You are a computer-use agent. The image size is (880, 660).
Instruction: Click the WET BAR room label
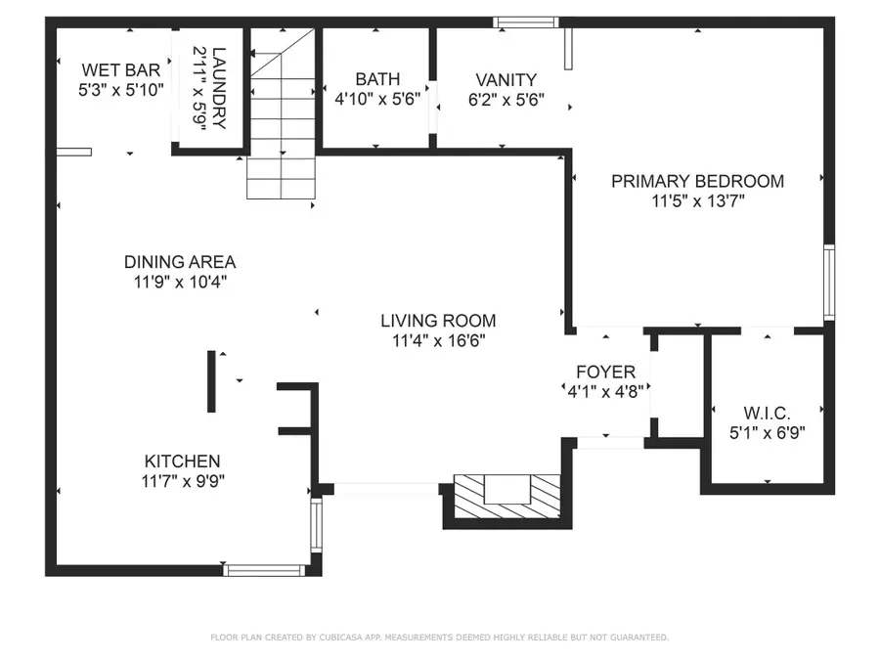coord(120,69)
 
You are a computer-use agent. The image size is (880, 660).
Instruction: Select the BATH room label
coord(377,79)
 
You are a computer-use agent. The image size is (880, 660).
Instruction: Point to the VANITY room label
coord(506,79)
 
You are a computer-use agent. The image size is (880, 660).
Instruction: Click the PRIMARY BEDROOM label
coord(697,181)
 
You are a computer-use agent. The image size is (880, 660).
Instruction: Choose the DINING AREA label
coord(179,262)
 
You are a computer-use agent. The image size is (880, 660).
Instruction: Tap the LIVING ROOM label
coord(438,321)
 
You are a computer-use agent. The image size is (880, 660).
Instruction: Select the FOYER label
coord(605,373)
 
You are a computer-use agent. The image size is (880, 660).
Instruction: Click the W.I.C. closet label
coord(768,412)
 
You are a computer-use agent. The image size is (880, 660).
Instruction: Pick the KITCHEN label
coord(182,462)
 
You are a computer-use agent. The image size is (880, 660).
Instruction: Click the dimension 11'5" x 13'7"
coord(697,202)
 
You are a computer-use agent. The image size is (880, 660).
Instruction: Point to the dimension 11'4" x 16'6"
coord(438,341)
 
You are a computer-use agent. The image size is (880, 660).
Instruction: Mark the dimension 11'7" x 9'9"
coord(182,481)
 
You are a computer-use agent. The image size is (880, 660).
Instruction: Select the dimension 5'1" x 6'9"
coord(768,431)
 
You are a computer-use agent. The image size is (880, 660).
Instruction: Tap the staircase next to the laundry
coord(281,117)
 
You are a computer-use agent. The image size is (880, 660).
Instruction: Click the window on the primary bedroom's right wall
coord(829,283)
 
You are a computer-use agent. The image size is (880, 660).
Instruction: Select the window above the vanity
coord(525,22)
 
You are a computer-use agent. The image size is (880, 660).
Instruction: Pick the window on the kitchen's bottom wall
coord(265,569)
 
